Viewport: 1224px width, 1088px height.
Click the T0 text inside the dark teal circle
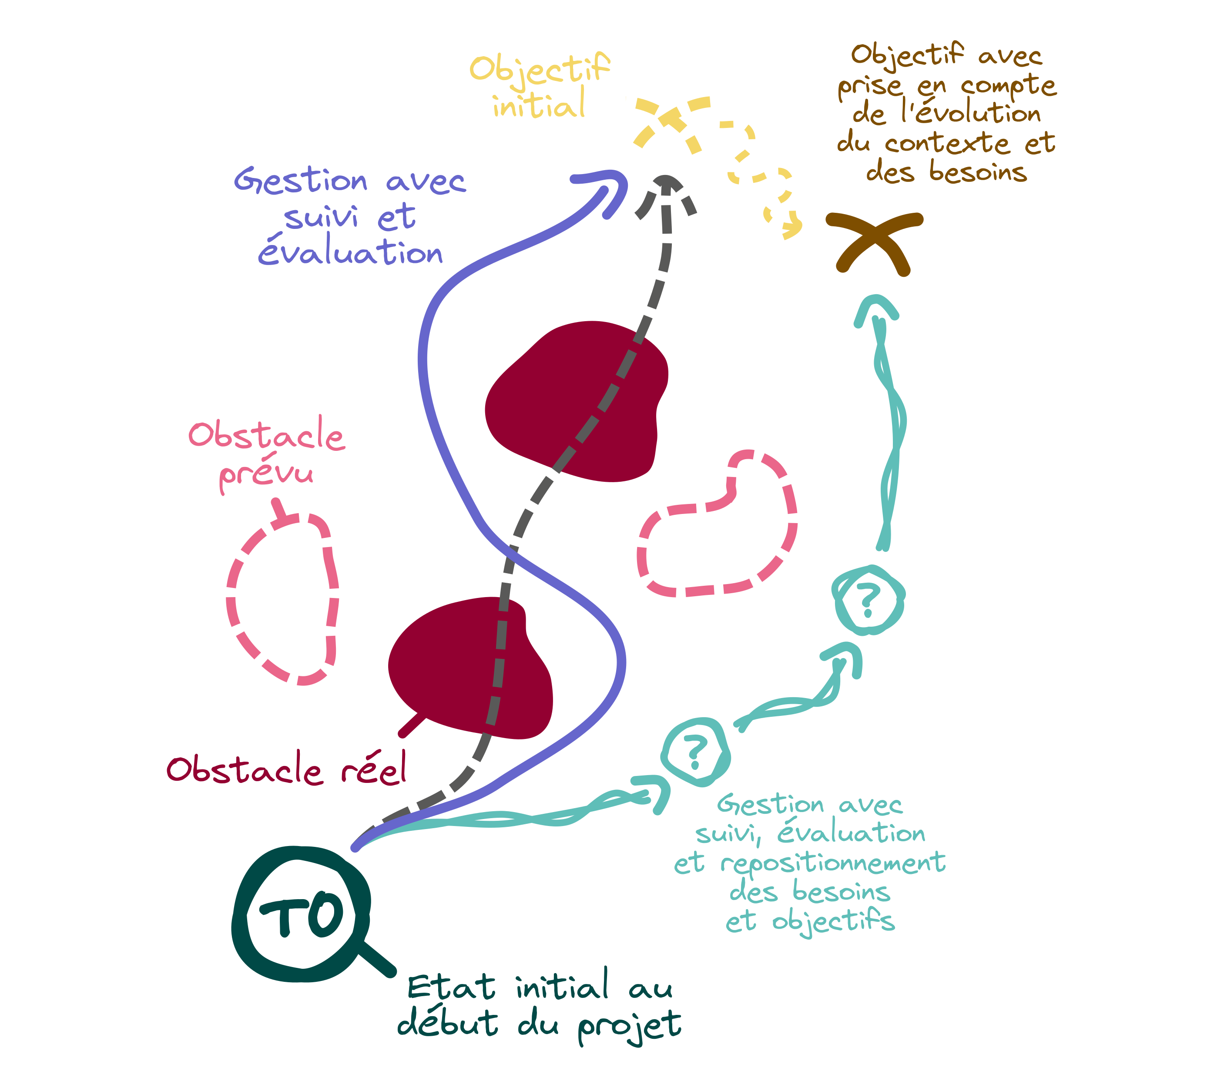[302, 915]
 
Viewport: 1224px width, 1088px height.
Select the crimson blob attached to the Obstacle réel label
[470, 668]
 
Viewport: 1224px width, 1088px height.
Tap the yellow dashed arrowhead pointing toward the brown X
[791, 228]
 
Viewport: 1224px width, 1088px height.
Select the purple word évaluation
[351, 252]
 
